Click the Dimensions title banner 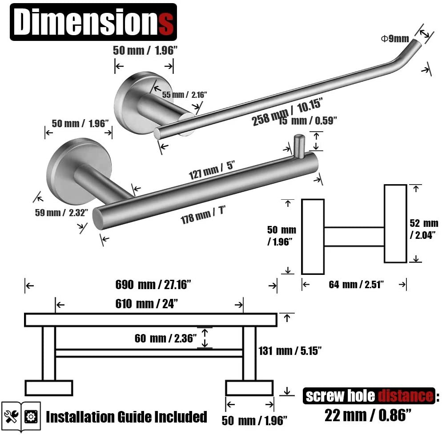pyautogui.click(x=93, y=22)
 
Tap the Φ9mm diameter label pyautogui.click(x=394, y=39)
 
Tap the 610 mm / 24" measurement pyautogui.click(x=146, y=304)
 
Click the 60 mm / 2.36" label pyautogui.click(x=165, y=338)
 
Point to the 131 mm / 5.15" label pyautogui.click(x=290, y=351)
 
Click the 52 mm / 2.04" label pyautogui.click(x=424, y=229)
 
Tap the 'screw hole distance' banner pyautogui.click(x=369, y=395)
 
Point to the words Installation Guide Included pyautogui.click(x=126, y=417)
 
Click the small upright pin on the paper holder pyautogui.click(x=298, y=145)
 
